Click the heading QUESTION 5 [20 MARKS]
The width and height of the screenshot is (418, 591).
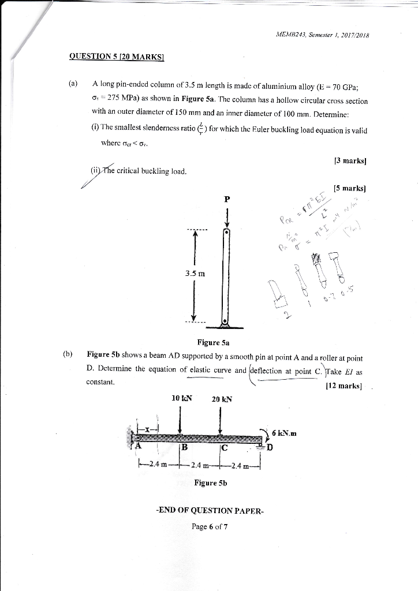pyautogui.click(x=117, y=57)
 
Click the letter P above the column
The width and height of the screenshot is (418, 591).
pyautogui.click(x=227, y=199)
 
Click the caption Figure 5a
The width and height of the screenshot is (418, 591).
pyautogui.click(x=213, y=342)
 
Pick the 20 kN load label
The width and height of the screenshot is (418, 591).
pyautogui.click(x=221, y=399)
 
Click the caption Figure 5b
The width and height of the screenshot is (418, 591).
pyautogui.click(x=210, y=482)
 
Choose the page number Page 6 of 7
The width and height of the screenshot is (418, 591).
pyautogui.click(x=210, y=526)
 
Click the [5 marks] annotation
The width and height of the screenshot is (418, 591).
pyautogui.click(x=350, y=188)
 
